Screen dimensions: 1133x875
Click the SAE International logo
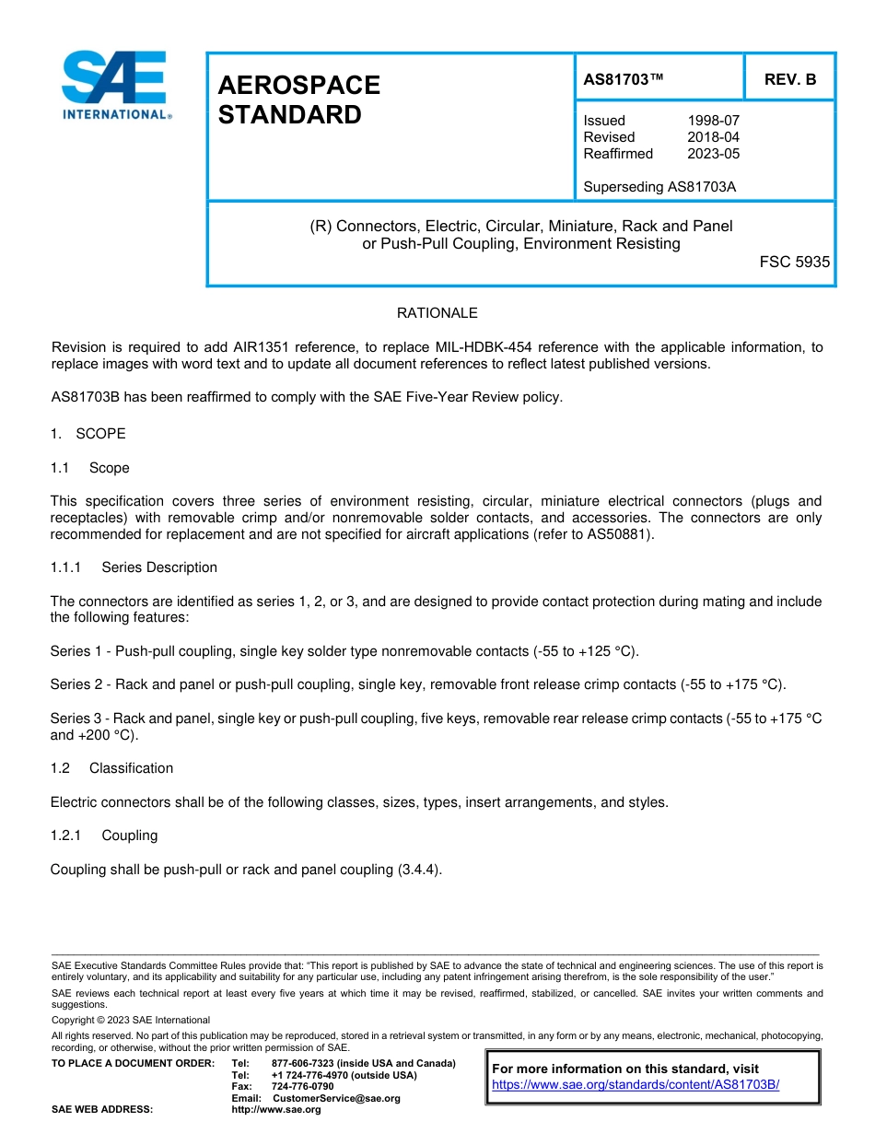point(115,86)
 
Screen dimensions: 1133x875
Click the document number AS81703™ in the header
point(624,79)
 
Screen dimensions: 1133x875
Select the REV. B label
point(789,79)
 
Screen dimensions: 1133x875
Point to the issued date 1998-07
point(713,121)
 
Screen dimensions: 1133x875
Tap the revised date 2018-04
point(713,137)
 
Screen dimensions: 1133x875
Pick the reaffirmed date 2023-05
point(713,154)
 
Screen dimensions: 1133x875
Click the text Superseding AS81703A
point(659,187)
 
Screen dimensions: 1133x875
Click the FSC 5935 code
point(794,262)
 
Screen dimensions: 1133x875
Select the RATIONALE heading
point(437,313)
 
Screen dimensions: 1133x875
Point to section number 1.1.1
point(66,567)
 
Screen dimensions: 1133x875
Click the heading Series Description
point(159,567)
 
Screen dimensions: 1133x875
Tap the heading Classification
point(131,768)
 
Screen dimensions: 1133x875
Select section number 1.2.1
point(66,835)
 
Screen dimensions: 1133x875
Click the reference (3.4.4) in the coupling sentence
point(419,870)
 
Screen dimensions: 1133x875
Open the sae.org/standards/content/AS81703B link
point(636,1084)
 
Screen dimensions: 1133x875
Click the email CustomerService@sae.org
point(336,1098)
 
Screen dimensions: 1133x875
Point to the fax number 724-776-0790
point(303,1086)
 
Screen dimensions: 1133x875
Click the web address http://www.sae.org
point(276,1109)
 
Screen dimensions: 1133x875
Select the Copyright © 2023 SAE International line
point(131,1020)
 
